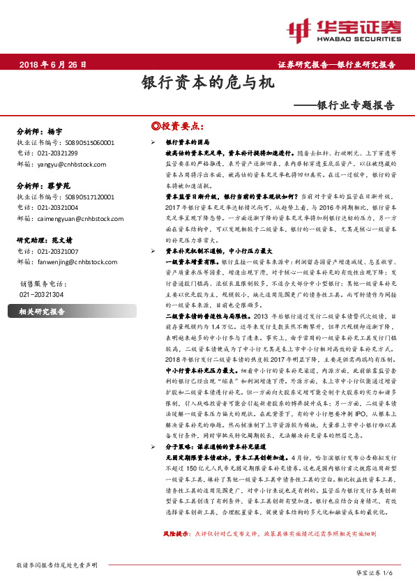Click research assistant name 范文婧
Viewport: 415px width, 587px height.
click(x=63, y=239)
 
